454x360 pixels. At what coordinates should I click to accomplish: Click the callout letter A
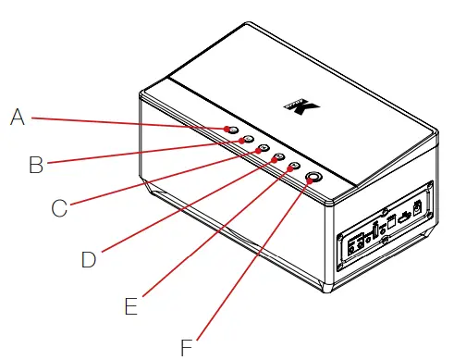tap(17, 117)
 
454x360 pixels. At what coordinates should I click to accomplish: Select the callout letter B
tap(36, 165)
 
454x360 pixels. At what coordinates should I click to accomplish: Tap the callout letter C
tap(59, 208)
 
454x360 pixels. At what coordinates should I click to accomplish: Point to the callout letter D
tap(89, 259)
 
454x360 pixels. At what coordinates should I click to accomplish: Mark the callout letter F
tap(187, 347)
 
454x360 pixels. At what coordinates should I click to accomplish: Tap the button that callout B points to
tap(247, 140)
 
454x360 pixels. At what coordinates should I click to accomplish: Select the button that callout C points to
tap(263, 149)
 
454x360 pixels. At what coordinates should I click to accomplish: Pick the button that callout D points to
tap(278, 158)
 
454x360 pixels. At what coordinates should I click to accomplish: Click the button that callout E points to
tap(294, 168)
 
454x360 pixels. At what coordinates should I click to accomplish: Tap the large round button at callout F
tap(314, 179)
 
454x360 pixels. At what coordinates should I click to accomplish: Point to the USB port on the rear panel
tap(404, 218)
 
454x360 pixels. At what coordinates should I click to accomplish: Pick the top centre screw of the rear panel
tap(386, 211)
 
